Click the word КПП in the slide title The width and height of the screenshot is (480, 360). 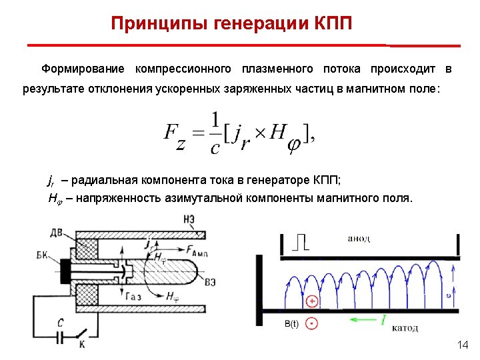coord(331,24)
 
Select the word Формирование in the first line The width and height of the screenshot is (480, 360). coord(83,69)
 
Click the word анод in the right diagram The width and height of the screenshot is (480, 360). coord(359,239)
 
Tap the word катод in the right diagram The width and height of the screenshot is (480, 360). coord(405,327)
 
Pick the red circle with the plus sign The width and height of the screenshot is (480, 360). coord(311,301)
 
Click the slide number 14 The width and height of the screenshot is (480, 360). coord(463,345)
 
